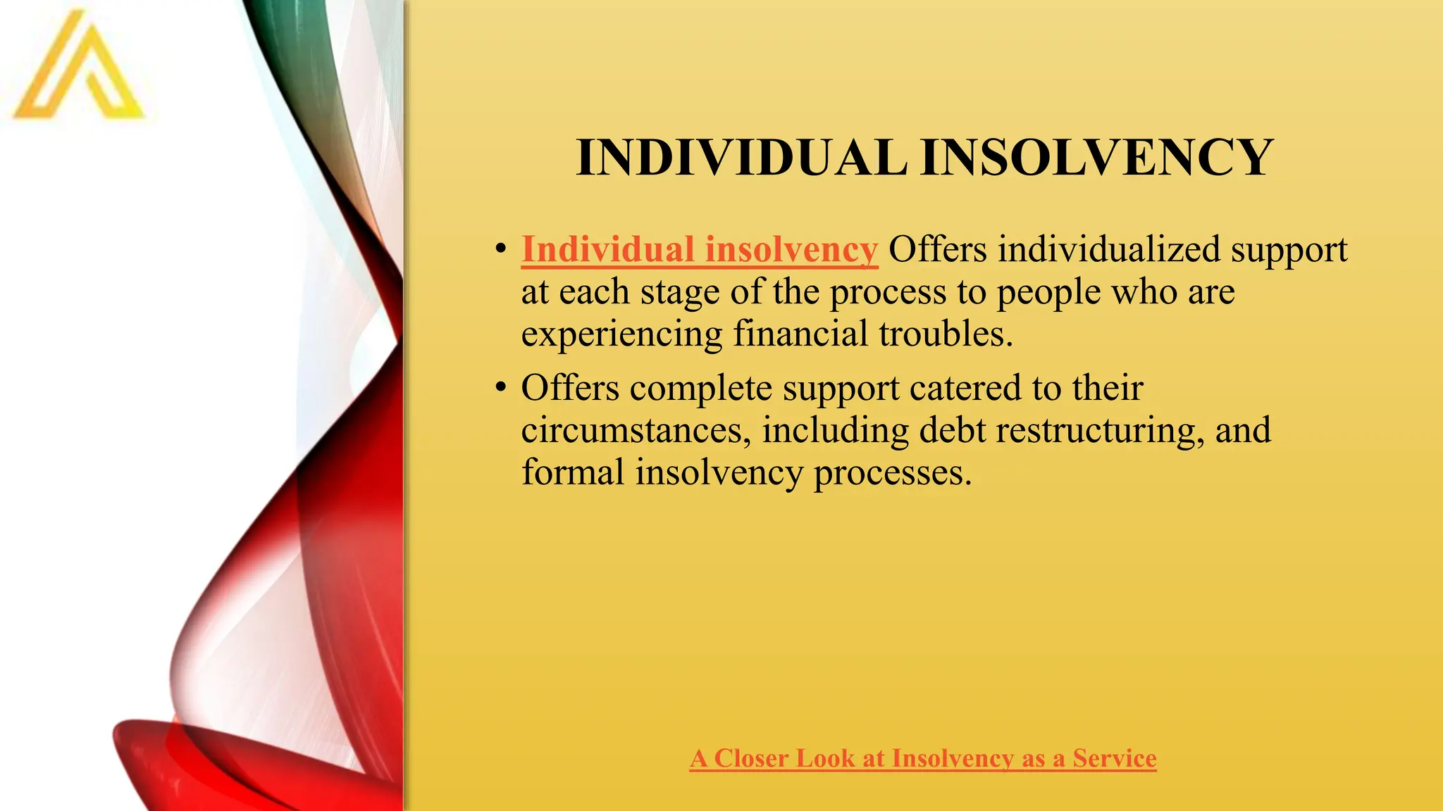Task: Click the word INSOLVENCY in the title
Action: click(x=1097, y=158)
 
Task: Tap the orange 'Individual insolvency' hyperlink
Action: click(x=699, y=250)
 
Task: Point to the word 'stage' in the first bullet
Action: click(x=679, y=292)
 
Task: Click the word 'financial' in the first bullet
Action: click(x=800, y=334)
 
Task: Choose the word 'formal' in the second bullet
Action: click(x=573, y=472)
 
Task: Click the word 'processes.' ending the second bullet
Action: click(x=893, y=473)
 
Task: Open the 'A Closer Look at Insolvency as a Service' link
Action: click(x=923, y=759)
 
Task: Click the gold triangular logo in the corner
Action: click(x=78, y=70)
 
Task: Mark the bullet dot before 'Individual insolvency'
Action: click(x=500, y=249)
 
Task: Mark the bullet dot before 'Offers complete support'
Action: click(x=500, y=387)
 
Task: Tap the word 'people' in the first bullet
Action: click(x=1048, y=292)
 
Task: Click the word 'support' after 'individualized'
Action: click(x=1289, y=251)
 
